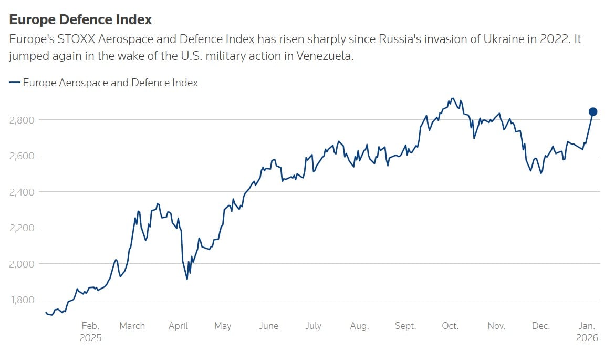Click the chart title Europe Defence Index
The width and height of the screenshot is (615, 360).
pyautogui.click(x=80, y=19)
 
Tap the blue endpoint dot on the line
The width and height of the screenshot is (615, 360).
pyautogui.click(x=593, y=111)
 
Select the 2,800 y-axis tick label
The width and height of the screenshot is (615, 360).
pyautogui.click(x=22, y=120)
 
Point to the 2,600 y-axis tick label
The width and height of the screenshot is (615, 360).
pyautogui.click(x=22, y=156)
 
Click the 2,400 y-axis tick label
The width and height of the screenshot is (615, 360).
pyautogui.click(x=22, y=192)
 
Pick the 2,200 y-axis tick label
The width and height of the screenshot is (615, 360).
pyautogui.click(x=22, y=228)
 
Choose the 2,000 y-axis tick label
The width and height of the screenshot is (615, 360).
pyautogui.click(x=22, y=264)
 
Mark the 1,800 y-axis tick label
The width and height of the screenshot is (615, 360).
pyautogui.click(x=22, y=300)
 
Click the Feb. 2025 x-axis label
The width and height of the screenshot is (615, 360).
pyautogui.click(x=90, y=332)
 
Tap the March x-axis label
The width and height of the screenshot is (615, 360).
pyautogui.click(x=132, y=326)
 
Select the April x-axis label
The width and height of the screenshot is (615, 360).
pyautogui.click(x=179, y=326)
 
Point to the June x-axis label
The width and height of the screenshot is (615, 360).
pyautogui.click(x=268, y=326)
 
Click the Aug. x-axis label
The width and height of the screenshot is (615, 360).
pyautogui.click(x=359, y=326)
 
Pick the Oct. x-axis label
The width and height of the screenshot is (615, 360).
pyautogui.click(x=450, y=326)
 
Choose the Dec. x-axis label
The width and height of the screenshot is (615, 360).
pyautogui.click(x=541, y=326)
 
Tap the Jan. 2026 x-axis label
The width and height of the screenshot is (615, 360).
pyautogui.click(x=587, y=332)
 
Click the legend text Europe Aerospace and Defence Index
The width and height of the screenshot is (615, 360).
pyautogui.click(x=110, y=83)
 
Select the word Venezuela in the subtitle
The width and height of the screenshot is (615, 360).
pyautogui.click(x=328, y=56)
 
